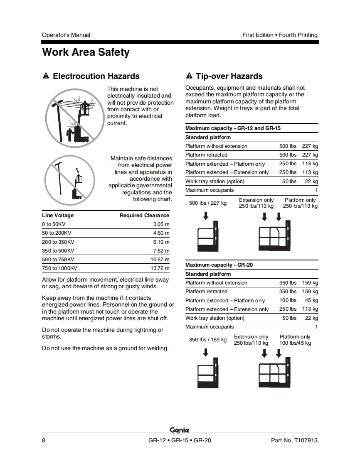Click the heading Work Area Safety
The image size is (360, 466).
[86, 53]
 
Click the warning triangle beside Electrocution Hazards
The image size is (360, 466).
[46, 76]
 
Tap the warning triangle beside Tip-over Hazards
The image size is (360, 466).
[189, 76]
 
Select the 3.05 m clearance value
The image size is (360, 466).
[161, 224]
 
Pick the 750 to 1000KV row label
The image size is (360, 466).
[59, 268]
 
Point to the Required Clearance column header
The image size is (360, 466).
[144, 216]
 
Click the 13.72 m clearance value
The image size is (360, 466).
[160, 268]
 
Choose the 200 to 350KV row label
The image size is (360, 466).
[58, 242]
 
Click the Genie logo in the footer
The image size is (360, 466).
[180, 430]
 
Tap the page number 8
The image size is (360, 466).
[44, 440]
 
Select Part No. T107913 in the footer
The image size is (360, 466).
[294, 440]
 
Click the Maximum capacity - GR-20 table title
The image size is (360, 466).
[219, 265]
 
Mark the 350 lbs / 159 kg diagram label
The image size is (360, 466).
[208, 340]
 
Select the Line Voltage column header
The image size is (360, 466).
[58, 216]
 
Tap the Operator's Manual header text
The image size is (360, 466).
[66, 35]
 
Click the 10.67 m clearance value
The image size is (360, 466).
[160, 260]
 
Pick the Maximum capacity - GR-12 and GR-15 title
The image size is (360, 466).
[233, 128]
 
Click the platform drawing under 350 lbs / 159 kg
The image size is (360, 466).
[208, 374]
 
